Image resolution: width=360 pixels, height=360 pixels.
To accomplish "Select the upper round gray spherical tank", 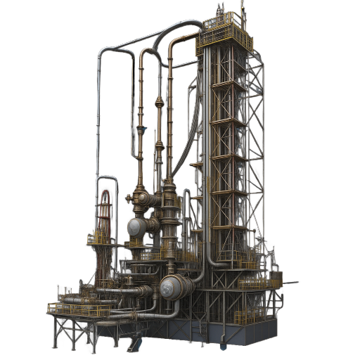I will click(x=138, y=227).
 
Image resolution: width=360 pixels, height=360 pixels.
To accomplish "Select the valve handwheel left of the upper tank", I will click(x=129, y=199).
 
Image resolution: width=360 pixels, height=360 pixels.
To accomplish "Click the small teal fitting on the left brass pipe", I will click(x=141, y=130).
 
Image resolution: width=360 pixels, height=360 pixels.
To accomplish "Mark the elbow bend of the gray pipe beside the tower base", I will click(x=211, y=263).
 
